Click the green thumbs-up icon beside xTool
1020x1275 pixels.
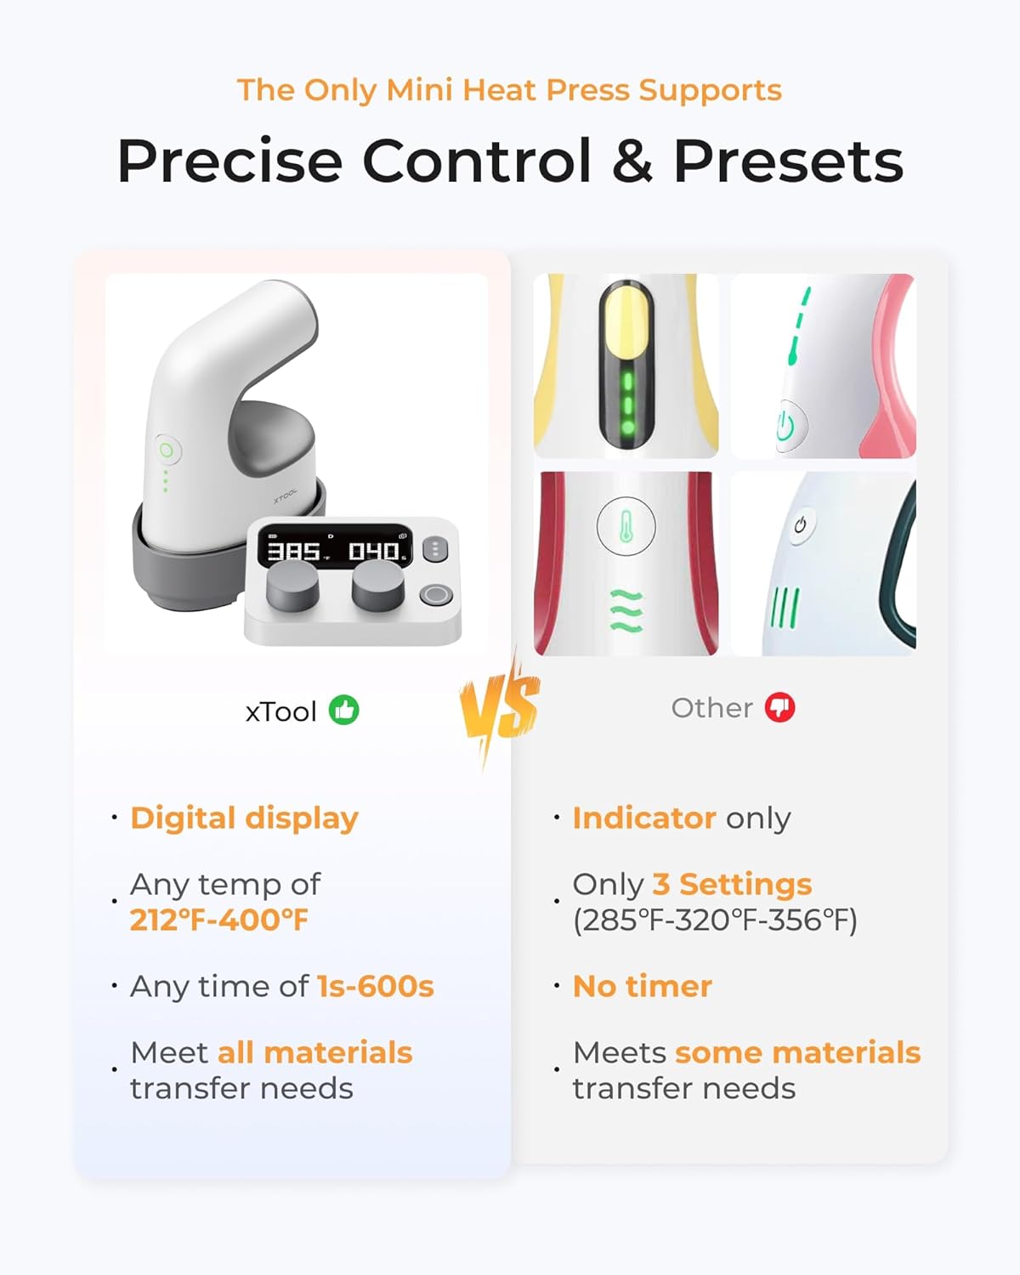tap(344, 710)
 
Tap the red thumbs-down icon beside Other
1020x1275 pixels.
tap(779, 707)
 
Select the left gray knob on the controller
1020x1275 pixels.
tap(292, 586)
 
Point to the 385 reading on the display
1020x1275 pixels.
tap(294, 552)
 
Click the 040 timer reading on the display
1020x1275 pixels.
tap(375, 552)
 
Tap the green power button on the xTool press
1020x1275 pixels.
tap(167, 450)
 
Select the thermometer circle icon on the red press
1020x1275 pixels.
tap(626, 527)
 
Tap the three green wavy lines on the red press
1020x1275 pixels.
tap(626, 610)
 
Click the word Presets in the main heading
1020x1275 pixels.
tap(788, 161)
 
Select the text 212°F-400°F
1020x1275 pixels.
tap(219, 920)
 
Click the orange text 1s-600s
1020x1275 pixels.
tap(375, 986)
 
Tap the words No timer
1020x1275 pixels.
tap(643, 986)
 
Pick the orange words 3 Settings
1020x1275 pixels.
tap(732, 884)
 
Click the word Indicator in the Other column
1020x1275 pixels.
tap(644, 818)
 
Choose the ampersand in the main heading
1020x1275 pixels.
tap(632, 161)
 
